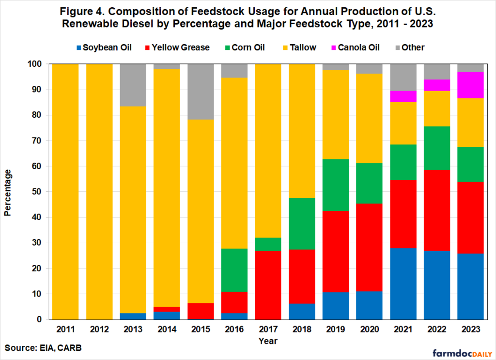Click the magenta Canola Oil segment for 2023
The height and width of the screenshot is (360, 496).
[x=471, y=85]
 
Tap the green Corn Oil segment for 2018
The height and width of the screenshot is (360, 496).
[x=302, y=224]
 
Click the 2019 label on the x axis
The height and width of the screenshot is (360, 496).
[x=335, y=329]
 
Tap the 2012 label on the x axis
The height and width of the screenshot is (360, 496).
[x=99, y=329]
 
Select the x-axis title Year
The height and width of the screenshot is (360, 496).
[x=268, y=341]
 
